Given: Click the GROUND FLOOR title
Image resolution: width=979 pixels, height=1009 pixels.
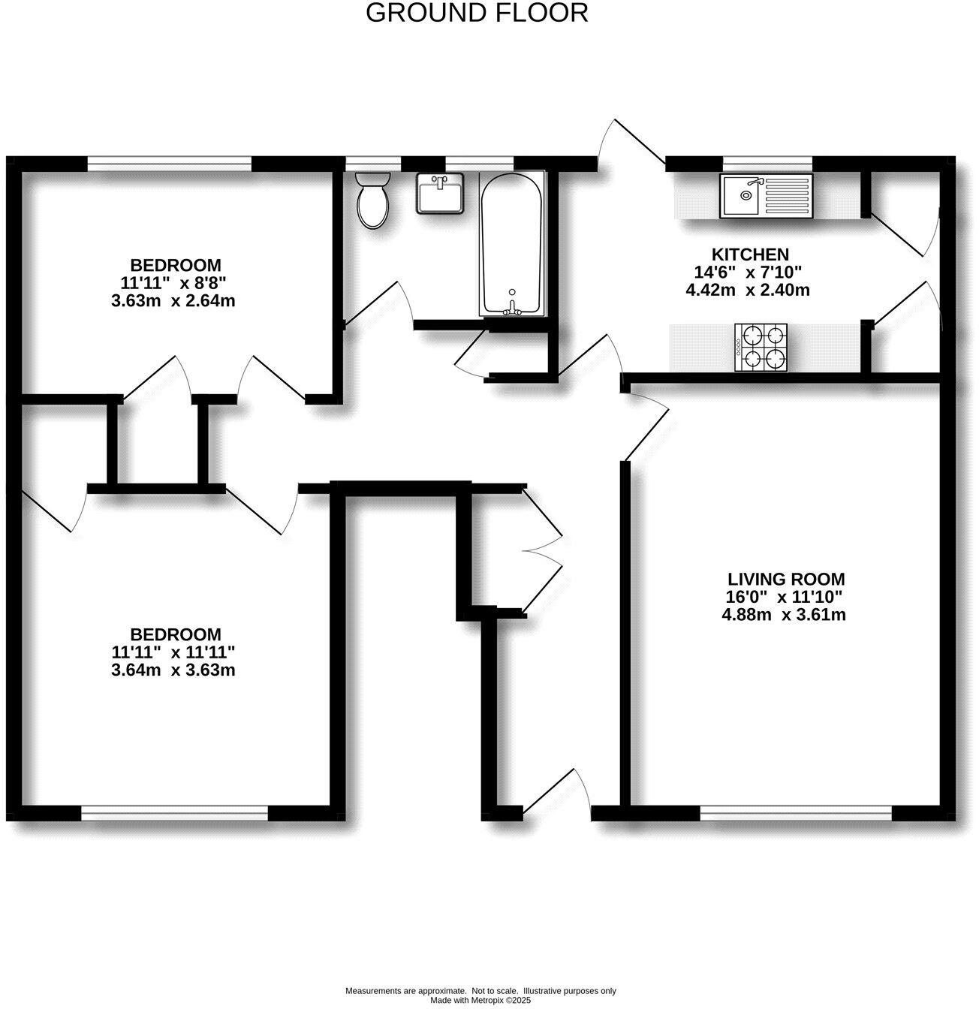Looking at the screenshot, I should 477,13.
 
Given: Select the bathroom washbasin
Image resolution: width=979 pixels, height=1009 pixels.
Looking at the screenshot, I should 440,194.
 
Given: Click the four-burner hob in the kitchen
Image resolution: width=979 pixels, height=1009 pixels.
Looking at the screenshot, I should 761,348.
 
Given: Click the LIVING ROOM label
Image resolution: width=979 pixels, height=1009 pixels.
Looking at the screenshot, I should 785,580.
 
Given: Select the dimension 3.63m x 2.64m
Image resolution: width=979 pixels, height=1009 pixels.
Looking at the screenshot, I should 173,301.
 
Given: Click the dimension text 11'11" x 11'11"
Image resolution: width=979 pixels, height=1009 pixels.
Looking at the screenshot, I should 173,652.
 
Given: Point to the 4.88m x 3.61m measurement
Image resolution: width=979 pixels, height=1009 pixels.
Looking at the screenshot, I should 784,616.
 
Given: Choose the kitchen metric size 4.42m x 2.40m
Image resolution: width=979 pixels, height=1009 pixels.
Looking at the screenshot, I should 748,290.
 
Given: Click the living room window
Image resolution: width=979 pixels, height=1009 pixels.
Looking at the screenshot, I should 796,812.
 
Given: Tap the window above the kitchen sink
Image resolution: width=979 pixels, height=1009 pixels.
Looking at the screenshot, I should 767,162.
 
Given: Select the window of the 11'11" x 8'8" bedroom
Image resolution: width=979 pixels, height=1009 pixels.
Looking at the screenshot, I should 169,162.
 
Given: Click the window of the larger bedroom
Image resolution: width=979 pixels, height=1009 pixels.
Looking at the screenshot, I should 174,812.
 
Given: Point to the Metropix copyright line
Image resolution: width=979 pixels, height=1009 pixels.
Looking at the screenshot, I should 480,1001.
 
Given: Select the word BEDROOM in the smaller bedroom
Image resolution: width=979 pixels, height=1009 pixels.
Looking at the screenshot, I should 176,265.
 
